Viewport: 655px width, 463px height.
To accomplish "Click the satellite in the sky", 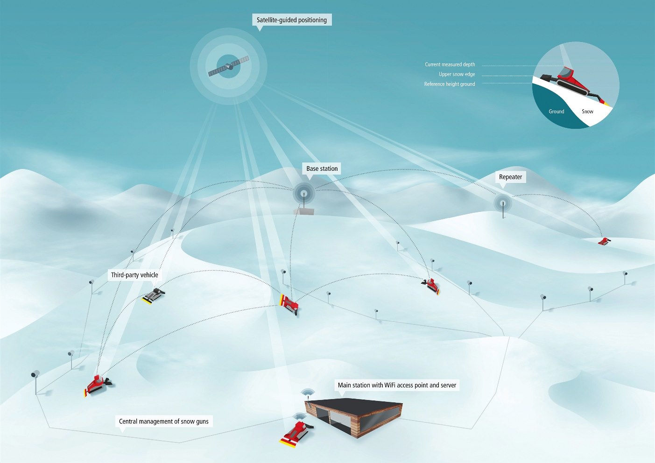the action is point(229,66).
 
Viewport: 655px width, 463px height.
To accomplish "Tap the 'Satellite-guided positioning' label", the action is point(292,20).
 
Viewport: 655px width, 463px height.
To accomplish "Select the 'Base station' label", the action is point(322,168).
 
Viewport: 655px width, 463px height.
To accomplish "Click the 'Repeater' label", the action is point(510,177).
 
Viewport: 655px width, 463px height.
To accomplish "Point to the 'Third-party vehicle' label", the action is point(134,275).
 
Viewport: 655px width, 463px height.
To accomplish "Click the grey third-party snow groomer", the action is point(154,296).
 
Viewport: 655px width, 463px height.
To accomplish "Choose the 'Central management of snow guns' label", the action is point(164,421).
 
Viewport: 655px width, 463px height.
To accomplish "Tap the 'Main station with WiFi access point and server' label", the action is point(397,385).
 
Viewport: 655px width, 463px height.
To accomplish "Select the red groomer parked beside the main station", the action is point(296,433).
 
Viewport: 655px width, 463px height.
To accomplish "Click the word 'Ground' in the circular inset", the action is point(556,112).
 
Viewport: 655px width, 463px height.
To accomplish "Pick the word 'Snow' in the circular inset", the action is point(587,112).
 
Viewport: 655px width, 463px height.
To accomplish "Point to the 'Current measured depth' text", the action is point(450,64).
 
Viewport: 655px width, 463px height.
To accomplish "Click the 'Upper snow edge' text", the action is point(457,74).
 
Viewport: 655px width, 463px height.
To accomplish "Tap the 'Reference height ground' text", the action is point(450,84).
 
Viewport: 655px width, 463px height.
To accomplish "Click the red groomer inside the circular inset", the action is point(571,83).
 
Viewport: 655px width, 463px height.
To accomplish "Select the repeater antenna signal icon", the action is point(503,203).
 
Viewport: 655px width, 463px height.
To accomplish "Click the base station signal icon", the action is point(304,193).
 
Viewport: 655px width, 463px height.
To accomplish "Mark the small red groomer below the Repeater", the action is point(604,241).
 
